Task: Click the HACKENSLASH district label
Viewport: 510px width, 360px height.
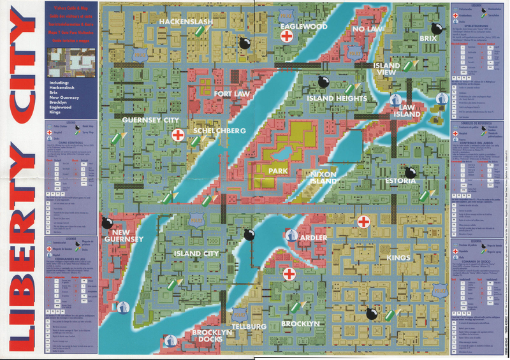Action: tap(186, 22)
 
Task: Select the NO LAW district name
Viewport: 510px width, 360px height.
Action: tap(367, 29)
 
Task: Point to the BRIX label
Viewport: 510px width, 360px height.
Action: tap(427, 39)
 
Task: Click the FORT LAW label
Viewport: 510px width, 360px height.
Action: tap(232, 94)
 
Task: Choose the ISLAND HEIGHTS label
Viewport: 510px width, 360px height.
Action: tap(337, 99)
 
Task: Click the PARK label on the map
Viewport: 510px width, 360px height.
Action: tap(279, 171)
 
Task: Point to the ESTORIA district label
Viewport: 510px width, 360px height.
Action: tap(400, 181)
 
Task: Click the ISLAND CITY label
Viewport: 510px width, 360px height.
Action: tap(196, 254)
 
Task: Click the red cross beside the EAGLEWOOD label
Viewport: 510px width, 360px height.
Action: tap(288, 37)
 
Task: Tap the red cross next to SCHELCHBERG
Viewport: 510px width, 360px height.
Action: tap(179, 135)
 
